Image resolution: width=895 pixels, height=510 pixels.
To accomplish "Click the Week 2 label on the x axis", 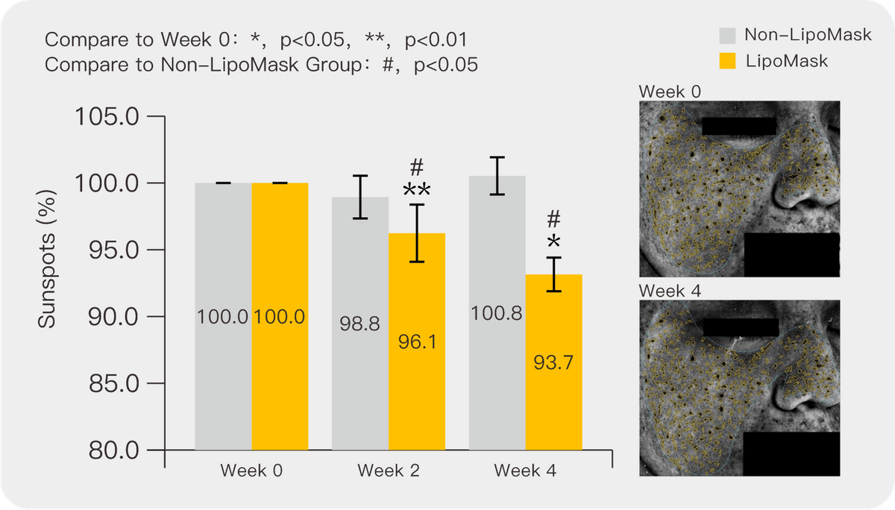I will [x=388, y=471].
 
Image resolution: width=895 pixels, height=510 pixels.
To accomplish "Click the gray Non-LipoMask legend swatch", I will [x=727, y=36].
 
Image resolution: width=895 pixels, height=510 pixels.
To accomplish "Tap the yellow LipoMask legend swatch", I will [x=727, y=60].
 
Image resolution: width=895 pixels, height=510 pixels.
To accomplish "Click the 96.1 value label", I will [x=417, y=342].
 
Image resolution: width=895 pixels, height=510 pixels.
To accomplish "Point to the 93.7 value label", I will [x=553, y=362].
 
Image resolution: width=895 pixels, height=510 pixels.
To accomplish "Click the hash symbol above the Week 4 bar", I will [x=553, y=219].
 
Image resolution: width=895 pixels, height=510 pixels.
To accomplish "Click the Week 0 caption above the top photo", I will [x=671, y=92].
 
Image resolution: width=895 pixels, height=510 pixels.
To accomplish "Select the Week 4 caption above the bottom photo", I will [x=671, y=290].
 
